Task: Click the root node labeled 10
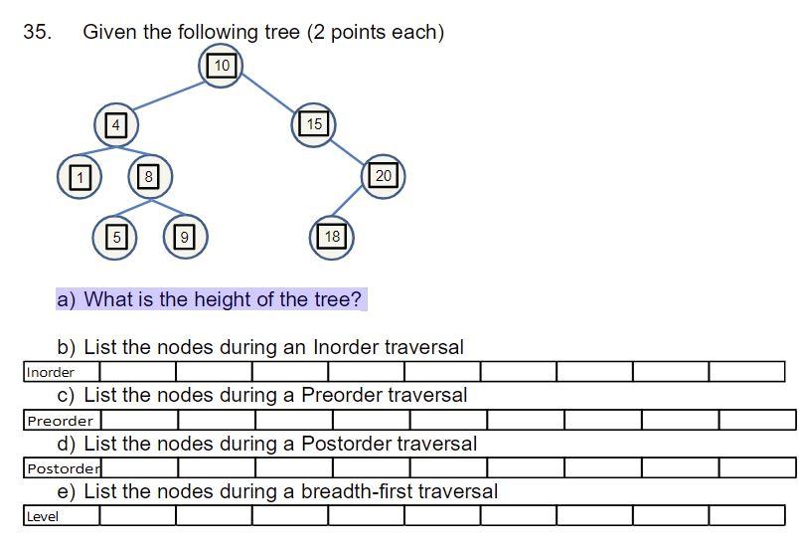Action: (x=222, y=66)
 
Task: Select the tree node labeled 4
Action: (x=116, y=125)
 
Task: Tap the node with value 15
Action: (x=314, y=124)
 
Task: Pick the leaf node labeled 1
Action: (x=80, y=177)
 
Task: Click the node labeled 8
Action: (x=149, y=177)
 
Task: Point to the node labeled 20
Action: (x=384, y=176)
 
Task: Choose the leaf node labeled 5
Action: (x=116, y=237)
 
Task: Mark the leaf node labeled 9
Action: (x=184, y=237)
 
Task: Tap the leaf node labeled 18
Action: (x=332, y=237)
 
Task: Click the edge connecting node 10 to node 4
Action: (x=169, y=95)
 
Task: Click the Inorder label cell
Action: (x=62, y=372)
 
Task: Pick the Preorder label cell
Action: (x=62, y=421)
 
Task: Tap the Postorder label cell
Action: (x=63, y=468)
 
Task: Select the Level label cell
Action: (x=61, y=516)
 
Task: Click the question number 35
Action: (x=37, y=32)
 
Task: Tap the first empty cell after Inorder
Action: (x=137, y=372)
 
